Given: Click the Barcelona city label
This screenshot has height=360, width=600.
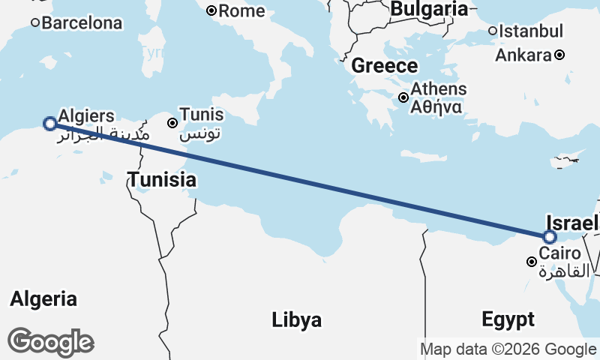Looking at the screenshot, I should pyautogui.click(x=82, y=23).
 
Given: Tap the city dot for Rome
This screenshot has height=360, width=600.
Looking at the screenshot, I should pyautogui.click(x=211, y=10).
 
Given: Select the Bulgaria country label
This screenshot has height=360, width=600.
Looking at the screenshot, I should pyautogui.click(x=429, y=9).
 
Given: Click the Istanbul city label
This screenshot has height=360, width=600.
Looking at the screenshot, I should pyautogui.click(x=531, y=31).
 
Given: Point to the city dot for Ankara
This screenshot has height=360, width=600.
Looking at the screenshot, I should pyautogui.click(x=559, y=55).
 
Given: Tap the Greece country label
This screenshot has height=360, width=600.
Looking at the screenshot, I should pyautogui.click(x=384, y=65).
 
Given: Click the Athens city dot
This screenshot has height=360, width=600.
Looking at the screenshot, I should pyautogui.click(x=403, y=97).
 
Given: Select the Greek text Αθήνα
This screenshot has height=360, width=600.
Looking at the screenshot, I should pyautogui.click(x=436, y=106).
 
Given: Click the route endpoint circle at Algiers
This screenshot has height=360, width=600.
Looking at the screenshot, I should pyautogui.click(x=49, y=123).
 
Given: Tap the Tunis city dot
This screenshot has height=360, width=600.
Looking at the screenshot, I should pyautogui.click(x=172, y=122).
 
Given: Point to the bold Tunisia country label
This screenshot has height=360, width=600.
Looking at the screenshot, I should pyautogui.click(x=162, y=180).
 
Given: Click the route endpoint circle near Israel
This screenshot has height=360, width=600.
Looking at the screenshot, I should pyautogui.click(x=550, y=237).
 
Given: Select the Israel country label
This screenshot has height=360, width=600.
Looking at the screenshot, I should pyautogui.click(x=572, y=223).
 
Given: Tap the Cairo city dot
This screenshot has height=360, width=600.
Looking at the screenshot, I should pyautogui.click(x=531, y=262).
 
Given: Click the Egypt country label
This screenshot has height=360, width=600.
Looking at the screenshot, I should pyautogui.click(x=508, y=319).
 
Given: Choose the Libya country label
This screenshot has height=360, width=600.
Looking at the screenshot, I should pyautogui.click(x=297, y=320).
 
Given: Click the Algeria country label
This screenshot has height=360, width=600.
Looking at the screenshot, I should pyautogui.click(x=43, y=299).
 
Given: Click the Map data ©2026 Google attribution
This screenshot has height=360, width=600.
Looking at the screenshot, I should pyautogui.click(x=508, y=349).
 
